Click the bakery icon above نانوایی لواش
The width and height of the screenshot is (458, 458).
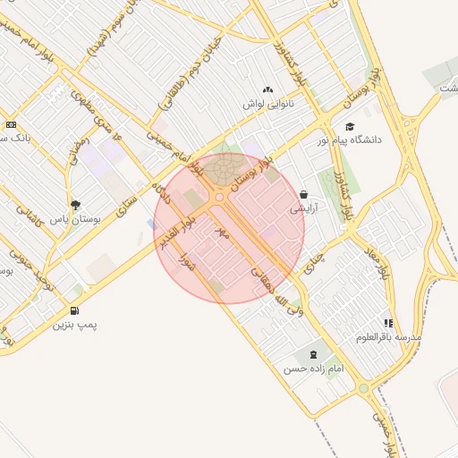click(268, 89)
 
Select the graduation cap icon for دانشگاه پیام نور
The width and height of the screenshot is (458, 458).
click(350, 126)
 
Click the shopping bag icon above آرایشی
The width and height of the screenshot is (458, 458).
click(304, 194)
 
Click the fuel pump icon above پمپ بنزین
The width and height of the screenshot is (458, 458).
click(75, 310)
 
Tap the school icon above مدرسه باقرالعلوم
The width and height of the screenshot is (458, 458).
click(387, 323)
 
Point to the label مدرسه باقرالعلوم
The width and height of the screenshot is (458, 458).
click(388, 337)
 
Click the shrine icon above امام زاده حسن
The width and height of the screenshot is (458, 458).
click(312, 354)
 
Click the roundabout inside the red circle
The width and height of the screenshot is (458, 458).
click(220, 197)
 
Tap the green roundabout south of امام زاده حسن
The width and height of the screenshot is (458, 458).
click(363, 389)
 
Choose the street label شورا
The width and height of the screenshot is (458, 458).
click(189, 262)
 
